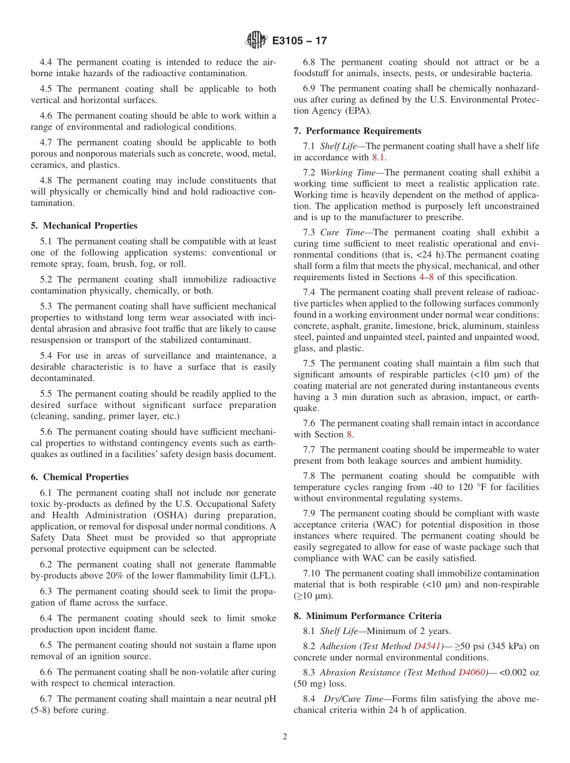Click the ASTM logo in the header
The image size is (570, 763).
click(256, 41)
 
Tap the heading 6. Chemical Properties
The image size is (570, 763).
click(79, 477)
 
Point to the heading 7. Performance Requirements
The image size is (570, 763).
click(357, 131)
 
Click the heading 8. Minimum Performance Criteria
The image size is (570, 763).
click(367, 615)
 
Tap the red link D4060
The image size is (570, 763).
click(472, 672)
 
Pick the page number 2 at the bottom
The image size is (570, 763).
click(285, 737)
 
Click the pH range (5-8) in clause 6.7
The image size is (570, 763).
click(42, 710)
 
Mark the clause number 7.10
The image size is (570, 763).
click(313, 573)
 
